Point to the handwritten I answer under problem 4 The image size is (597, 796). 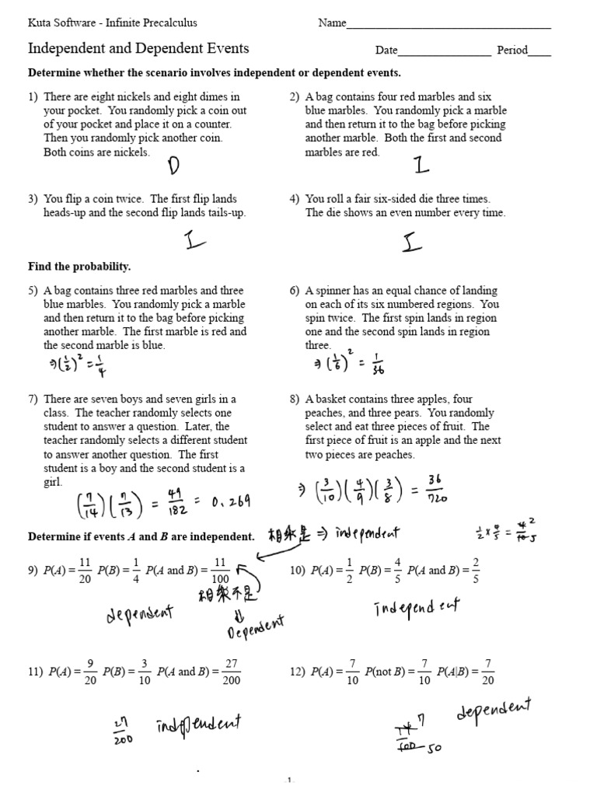(x=413, y=243)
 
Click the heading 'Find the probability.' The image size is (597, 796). (x=79, y=267)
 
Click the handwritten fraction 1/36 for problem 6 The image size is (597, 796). (x=378, y=365)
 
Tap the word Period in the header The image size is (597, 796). (x=512, y=51)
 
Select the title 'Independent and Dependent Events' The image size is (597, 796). (x=138, y=48)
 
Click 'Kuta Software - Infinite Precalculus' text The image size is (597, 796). (x=107, y=23)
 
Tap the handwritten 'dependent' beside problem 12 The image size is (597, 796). (x=494, y=711)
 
